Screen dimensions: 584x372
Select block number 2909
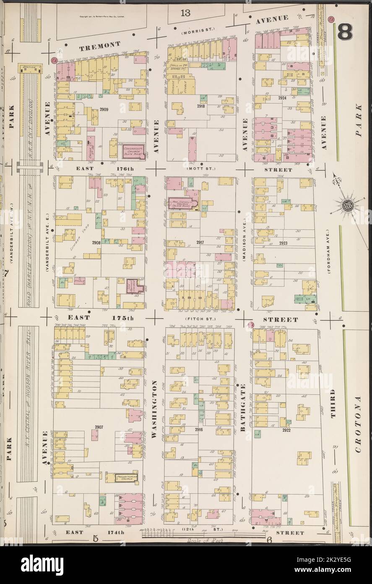(x=104, y=110)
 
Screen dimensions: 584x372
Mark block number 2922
(x=286, y=430)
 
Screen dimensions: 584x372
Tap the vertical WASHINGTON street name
(x=154, y=410)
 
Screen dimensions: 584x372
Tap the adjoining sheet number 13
(x=185, y=12)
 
